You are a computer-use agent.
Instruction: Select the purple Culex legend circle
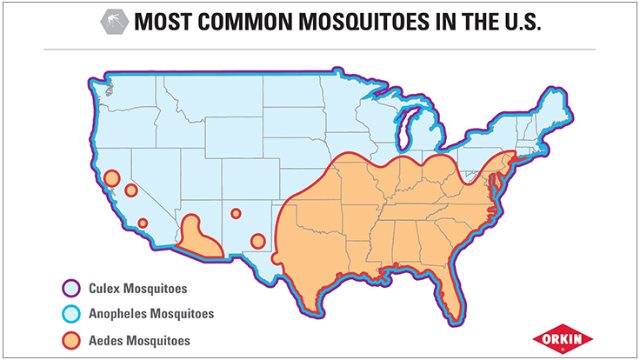(71, 288)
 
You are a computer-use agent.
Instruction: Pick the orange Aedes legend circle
(71, 340)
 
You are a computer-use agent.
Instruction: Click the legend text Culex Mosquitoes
(137, 288)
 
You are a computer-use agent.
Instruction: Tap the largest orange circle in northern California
(110, 178)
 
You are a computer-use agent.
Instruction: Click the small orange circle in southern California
(143, 223)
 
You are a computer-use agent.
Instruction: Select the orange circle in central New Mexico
(236, 213)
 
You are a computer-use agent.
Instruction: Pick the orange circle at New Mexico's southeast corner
(257, 241)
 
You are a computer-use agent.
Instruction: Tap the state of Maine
(557, 104)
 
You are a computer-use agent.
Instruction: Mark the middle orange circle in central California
(130, 190)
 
